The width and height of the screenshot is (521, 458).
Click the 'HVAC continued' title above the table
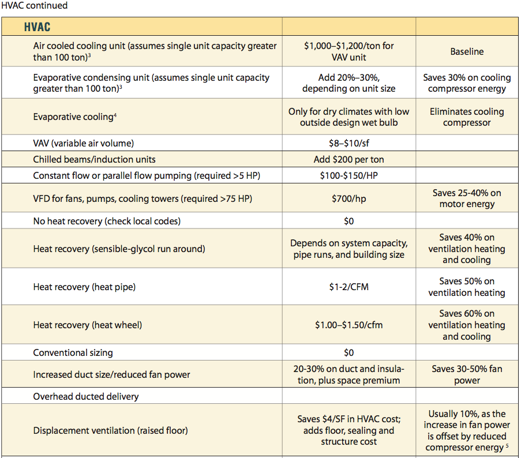(x=34, y=6)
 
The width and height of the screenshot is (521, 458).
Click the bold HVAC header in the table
(x=38, y=27)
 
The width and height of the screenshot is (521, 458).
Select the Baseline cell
(x=467, y=52)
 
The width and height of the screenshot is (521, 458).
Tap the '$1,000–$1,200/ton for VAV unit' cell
(x=348, y=51)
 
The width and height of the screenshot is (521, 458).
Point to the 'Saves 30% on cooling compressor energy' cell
(x=467, y=83)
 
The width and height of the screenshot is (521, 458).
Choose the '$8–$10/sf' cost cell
(x=348, y=143)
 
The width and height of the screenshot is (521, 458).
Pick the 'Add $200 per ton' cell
(x=348, y=159)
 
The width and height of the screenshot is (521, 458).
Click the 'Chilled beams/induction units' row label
(x=94, y=159)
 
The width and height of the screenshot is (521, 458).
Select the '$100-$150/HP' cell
(x=348, y=175)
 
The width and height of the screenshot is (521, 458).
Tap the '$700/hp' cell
(x=348, y=198)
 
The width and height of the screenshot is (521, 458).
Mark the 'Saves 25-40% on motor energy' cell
(x=467, y=198)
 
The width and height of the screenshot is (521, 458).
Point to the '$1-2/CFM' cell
(x=348, y=287)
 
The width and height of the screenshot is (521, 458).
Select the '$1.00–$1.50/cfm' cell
(x=348, y=325)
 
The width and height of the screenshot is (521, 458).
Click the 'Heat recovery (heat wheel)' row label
(x=88, y=325)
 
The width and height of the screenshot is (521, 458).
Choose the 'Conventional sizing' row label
(x=73, y=352)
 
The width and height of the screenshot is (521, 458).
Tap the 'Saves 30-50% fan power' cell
(x=467, y=374)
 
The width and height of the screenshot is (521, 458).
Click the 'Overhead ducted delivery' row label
(x=86, y=396)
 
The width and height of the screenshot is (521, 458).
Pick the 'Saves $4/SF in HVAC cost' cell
(x=348, y=430)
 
